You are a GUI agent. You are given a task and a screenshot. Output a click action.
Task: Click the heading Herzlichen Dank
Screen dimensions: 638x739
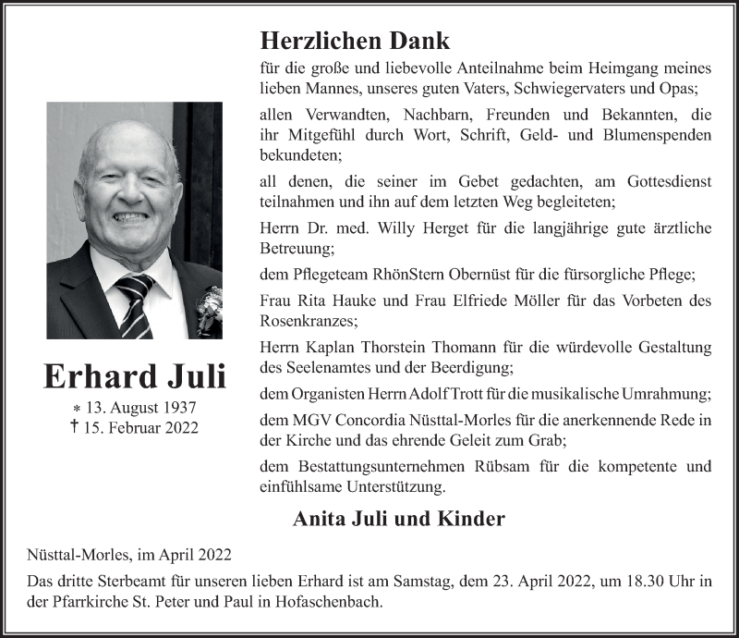coord(355,41)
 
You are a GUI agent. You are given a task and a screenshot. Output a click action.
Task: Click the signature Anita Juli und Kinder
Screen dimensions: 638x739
coord(398,519)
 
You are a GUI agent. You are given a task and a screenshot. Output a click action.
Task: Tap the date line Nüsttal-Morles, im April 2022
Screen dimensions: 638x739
coord(129,555)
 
